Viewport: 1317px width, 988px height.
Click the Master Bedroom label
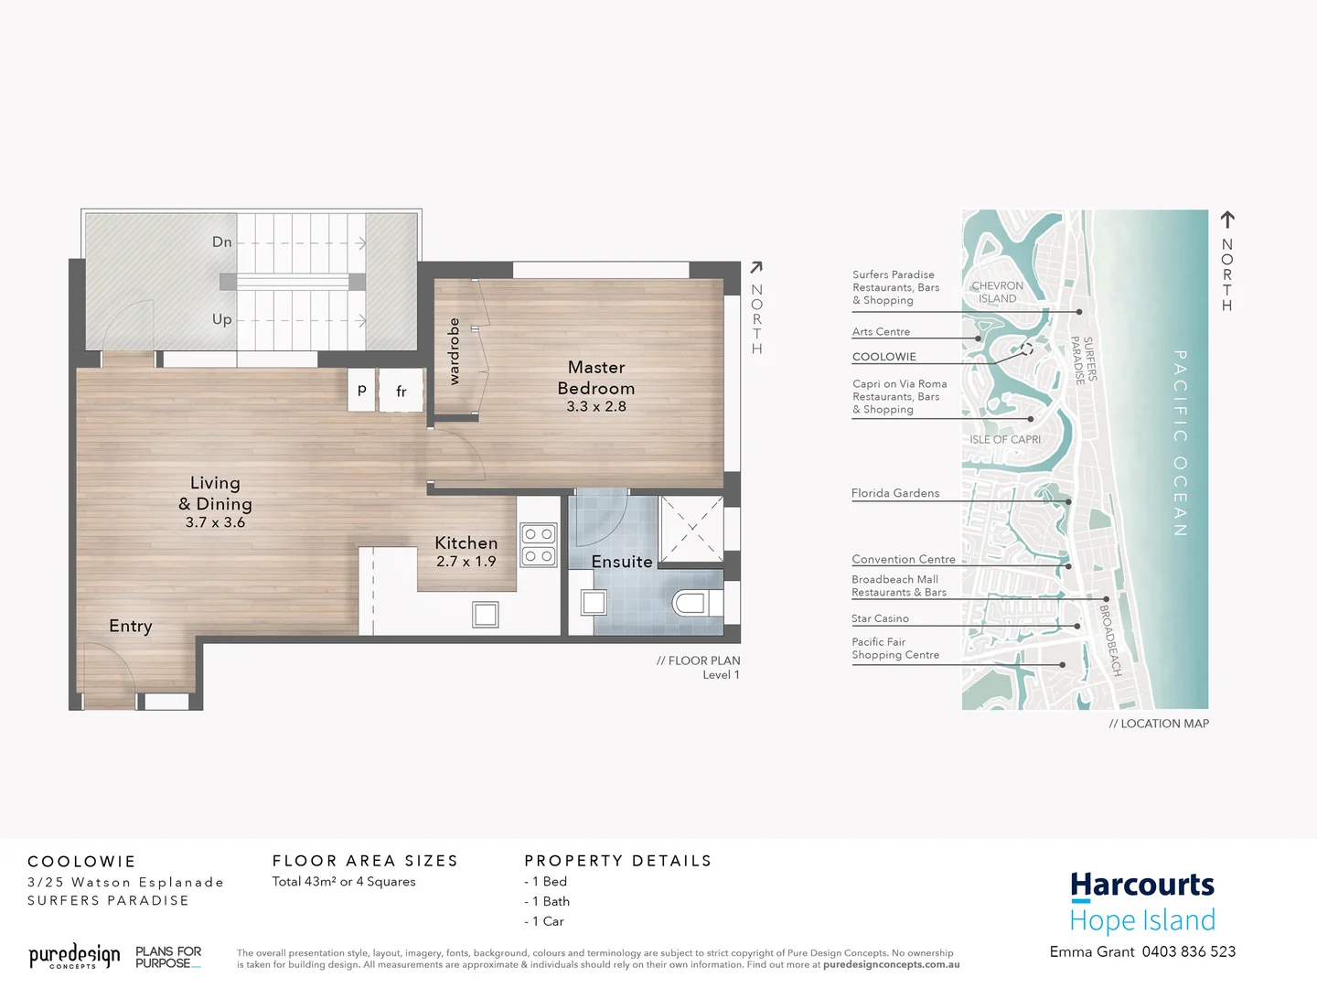tap(596, 378)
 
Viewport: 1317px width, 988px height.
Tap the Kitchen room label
tap(466, 543)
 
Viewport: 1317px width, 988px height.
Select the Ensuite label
tap(622, 562)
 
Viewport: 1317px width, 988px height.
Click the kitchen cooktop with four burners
tap(539, 545)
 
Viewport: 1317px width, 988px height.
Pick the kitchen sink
tap(486, 615)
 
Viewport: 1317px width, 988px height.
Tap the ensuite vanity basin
tap(594, 602)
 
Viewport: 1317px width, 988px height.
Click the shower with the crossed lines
tap(691, 528)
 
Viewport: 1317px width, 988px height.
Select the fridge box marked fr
tap(401, 391)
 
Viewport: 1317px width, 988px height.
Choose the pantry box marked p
tap(362, 390)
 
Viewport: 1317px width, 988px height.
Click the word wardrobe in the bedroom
tap(454, 351)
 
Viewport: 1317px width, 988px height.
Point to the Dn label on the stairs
tap(222, 242)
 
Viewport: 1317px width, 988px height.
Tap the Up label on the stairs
tap(222, 319)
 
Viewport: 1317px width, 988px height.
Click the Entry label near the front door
tap(131, 626)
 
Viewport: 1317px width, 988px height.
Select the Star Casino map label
tap(880, 619)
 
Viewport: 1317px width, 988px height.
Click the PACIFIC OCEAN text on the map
tap(1181, 443)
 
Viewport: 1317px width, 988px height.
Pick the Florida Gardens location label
tap(895, 493)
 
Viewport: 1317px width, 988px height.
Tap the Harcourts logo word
tap(1142, 885)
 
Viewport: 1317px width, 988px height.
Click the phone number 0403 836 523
tap(1189, 951)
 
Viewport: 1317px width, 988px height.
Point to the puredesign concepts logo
tap(74, 957)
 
